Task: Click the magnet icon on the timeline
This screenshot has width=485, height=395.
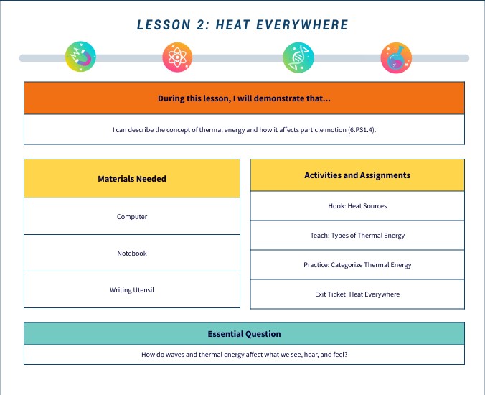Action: point(80,57)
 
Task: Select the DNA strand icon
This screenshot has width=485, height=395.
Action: point(298,57)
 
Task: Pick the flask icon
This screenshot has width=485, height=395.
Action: point(396,57)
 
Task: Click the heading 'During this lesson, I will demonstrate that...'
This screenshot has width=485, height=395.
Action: point(244,98)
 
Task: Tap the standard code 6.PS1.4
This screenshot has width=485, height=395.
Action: point(357,130)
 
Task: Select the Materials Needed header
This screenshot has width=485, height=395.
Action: point(132,179)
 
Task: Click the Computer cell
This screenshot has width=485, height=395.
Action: point(132,217)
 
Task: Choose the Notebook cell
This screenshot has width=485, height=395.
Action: point(132,254)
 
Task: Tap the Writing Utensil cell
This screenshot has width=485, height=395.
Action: point(132,290)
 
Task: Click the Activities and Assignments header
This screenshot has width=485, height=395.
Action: point(357,175)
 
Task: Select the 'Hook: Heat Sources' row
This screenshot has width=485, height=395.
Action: point(357,206)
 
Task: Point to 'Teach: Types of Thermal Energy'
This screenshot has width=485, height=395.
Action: point(357,236)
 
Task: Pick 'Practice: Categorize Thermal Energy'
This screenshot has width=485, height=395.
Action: point(357,265)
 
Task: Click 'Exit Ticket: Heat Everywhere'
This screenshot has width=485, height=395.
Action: point(357,294)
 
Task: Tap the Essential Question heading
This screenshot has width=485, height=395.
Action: point(244,334)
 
